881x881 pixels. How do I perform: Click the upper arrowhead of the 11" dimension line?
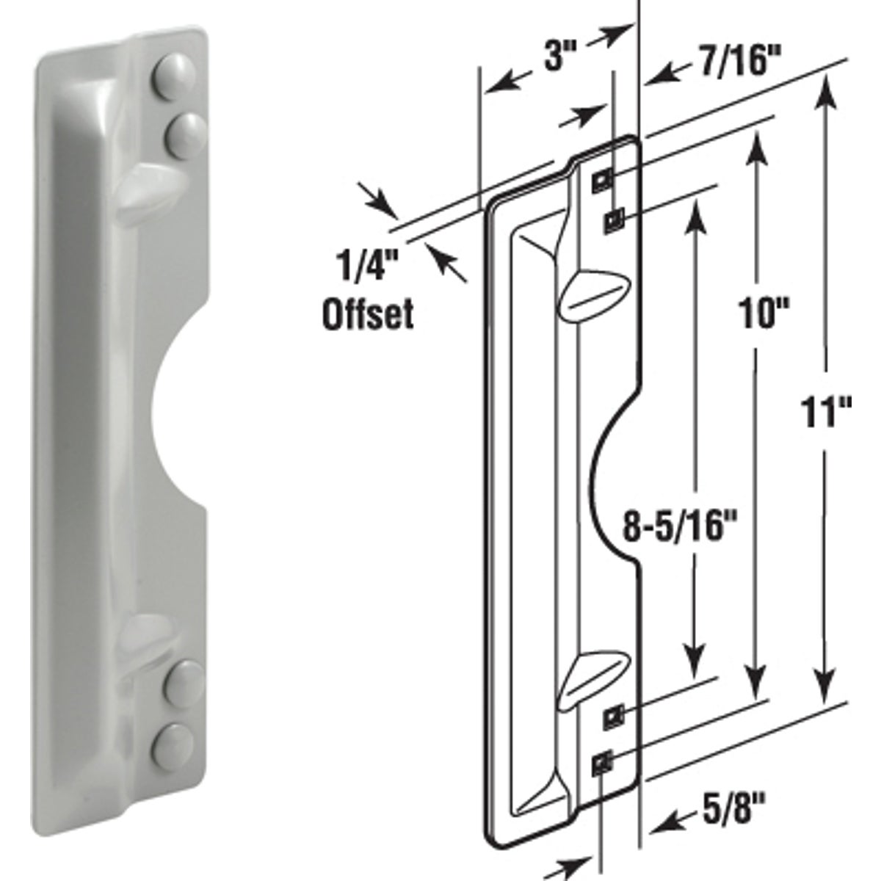(827, 92)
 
